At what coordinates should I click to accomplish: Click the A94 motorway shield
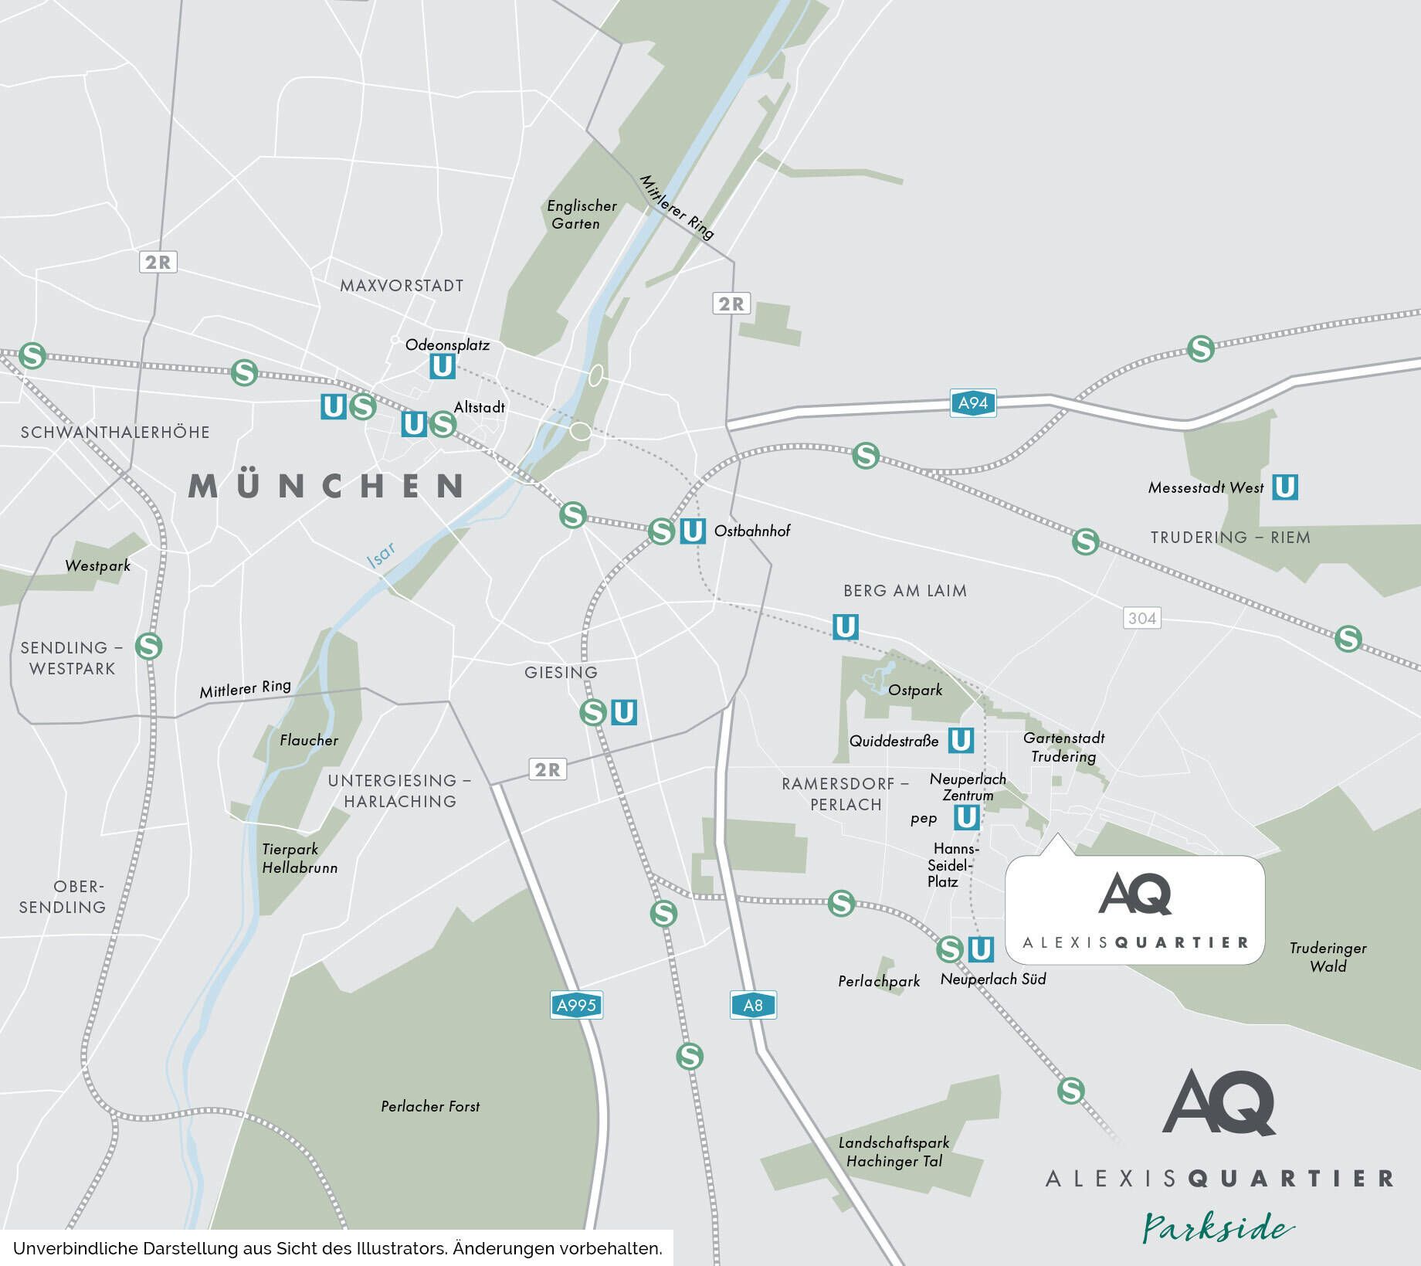[972, 402]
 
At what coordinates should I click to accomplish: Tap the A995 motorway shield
[576, 1005]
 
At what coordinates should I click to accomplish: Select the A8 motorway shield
[753, 1005]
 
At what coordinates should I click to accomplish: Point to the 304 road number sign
[1141, 618]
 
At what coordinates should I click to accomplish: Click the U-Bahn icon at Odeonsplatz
[443, 365]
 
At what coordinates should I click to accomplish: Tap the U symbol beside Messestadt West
[1285, 487]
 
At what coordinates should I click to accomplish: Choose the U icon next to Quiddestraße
[961, 740]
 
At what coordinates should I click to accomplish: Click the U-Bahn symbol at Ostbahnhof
[693, 531]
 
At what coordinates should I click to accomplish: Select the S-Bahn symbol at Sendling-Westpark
[148, 646]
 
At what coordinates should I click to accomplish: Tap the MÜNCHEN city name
[327, 487]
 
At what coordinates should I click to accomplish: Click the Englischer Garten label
[581, 215]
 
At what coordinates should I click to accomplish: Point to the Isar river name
[382, 555]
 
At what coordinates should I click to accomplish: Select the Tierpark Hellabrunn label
[299, 858]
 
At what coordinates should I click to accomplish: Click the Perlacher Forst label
[430, 1106]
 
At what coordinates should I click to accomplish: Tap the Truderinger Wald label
[1328, 956]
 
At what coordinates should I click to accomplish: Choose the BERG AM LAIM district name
[904, 591]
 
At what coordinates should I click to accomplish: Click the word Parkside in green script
[1218, 1227]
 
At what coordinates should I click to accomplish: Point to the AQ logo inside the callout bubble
[1134, 894]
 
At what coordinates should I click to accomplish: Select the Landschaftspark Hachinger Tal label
[894, 1152]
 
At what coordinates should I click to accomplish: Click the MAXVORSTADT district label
[402, 286]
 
